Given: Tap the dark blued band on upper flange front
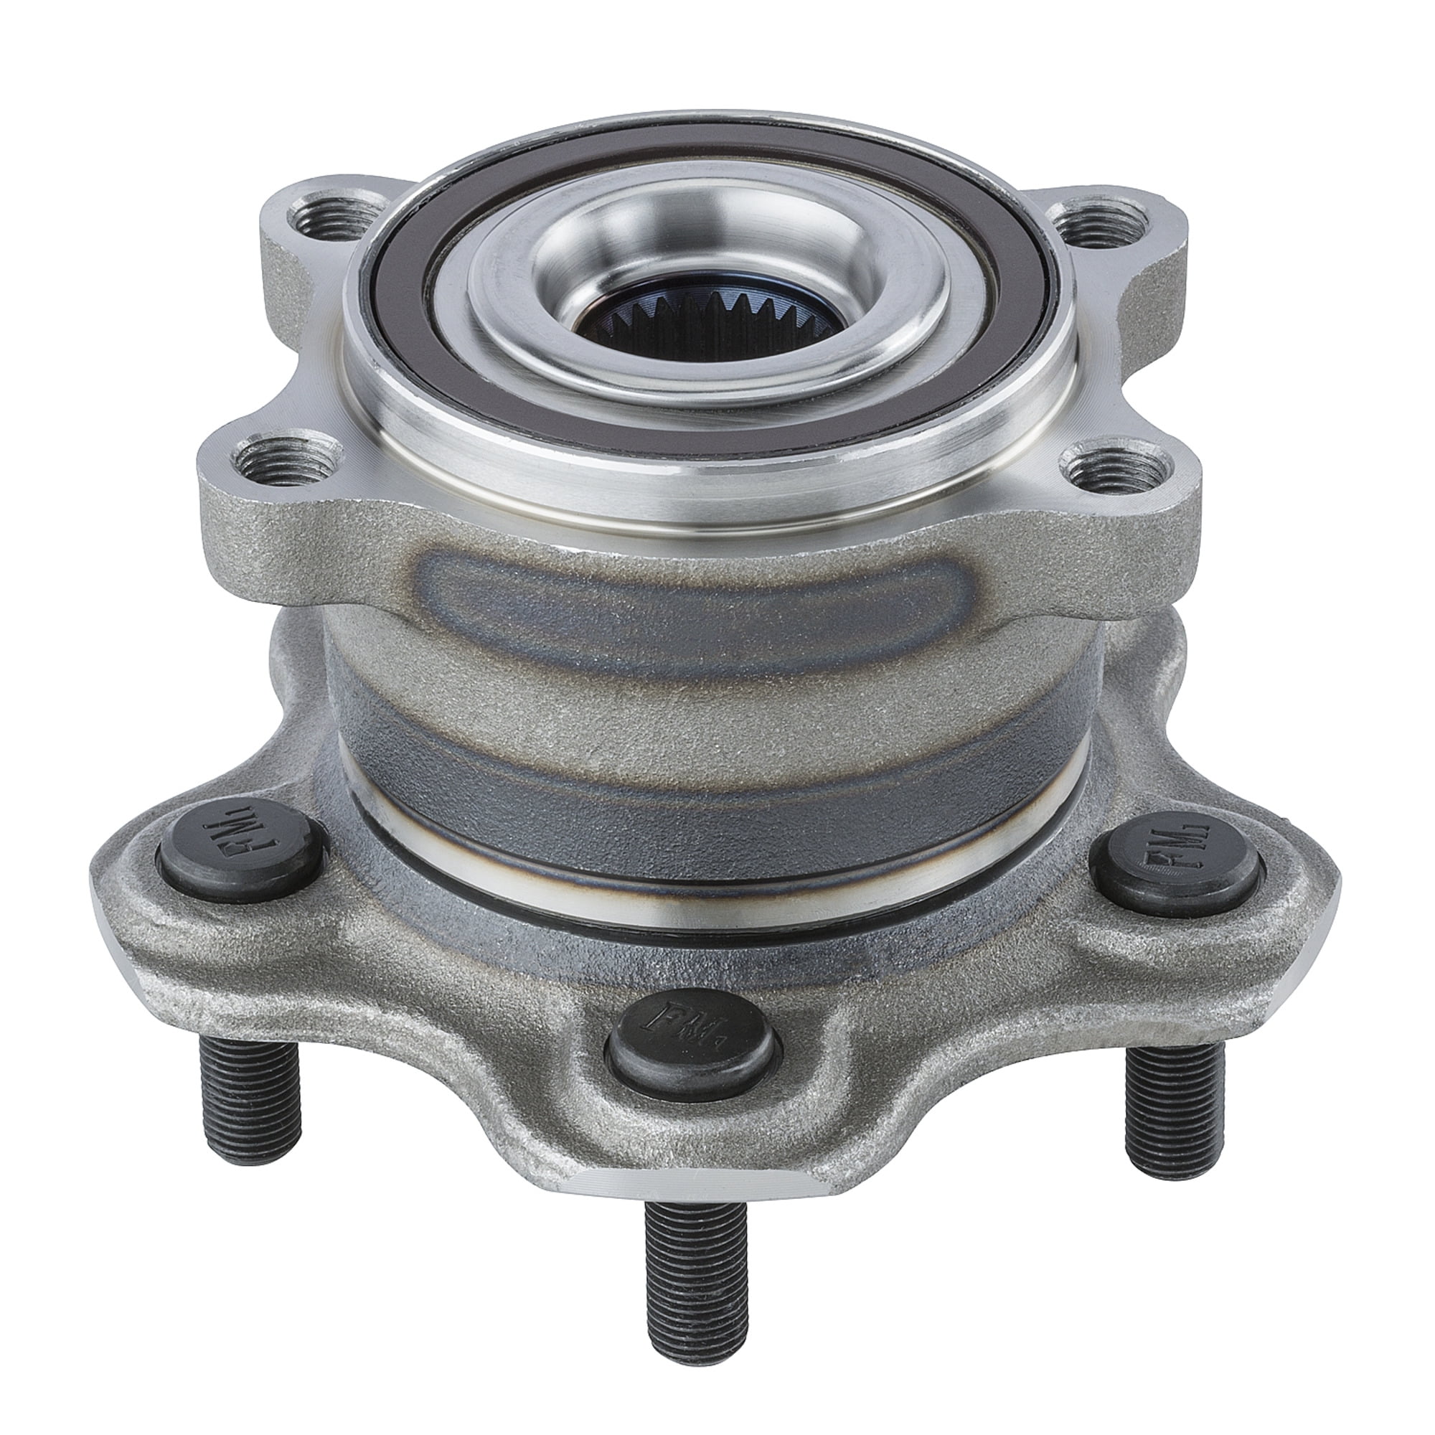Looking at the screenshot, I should tap(669, 594).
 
